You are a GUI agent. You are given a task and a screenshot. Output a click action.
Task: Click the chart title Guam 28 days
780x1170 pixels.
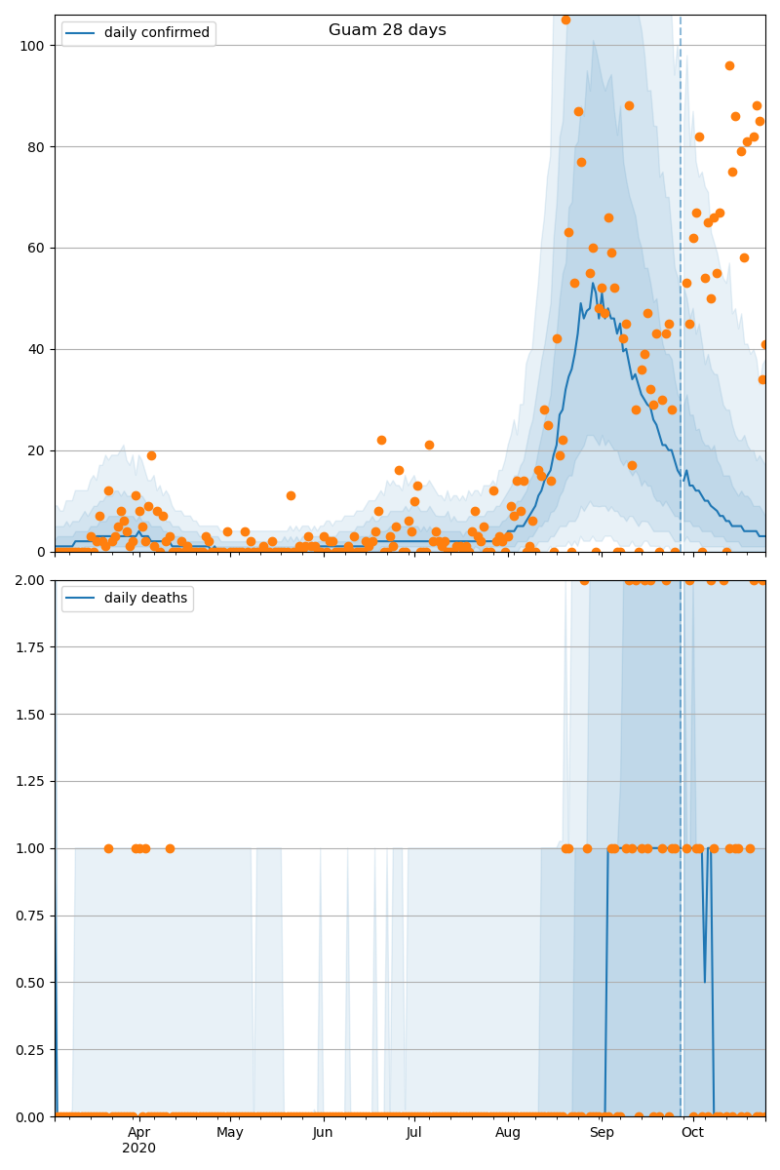pyautogui.click(x=387, y=30)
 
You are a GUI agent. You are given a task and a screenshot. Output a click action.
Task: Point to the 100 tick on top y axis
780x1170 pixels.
pyautogui.click(x=32, y=45)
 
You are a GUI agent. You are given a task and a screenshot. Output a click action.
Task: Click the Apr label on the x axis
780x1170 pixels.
pyautogui.click(x=138, y=1132)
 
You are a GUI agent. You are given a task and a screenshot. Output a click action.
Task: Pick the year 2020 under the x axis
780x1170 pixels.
pyautogui.click(x=138, y=1149)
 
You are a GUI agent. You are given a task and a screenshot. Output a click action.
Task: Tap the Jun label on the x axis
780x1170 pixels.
pyautogui.click(x=323, y=1132)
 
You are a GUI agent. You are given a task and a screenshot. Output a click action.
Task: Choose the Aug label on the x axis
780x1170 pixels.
pyautogui.click(x=508, y=1132)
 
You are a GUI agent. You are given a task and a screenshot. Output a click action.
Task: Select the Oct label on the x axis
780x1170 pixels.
pyautogui.click(x=692, y=1132)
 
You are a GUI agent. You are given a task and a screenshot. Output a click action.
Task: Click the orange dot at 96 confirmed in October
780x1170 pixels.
pyautogui.click(x=729, y=66)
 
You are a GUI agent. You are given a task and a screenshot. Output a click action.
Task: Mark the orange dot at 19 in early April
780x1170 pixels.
pyautogui.click(x=151, y=455)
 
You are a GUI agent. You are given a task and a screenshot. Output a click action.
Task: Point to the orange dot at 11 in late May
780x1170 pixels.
pyautogui.click(x=291, y=495)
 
